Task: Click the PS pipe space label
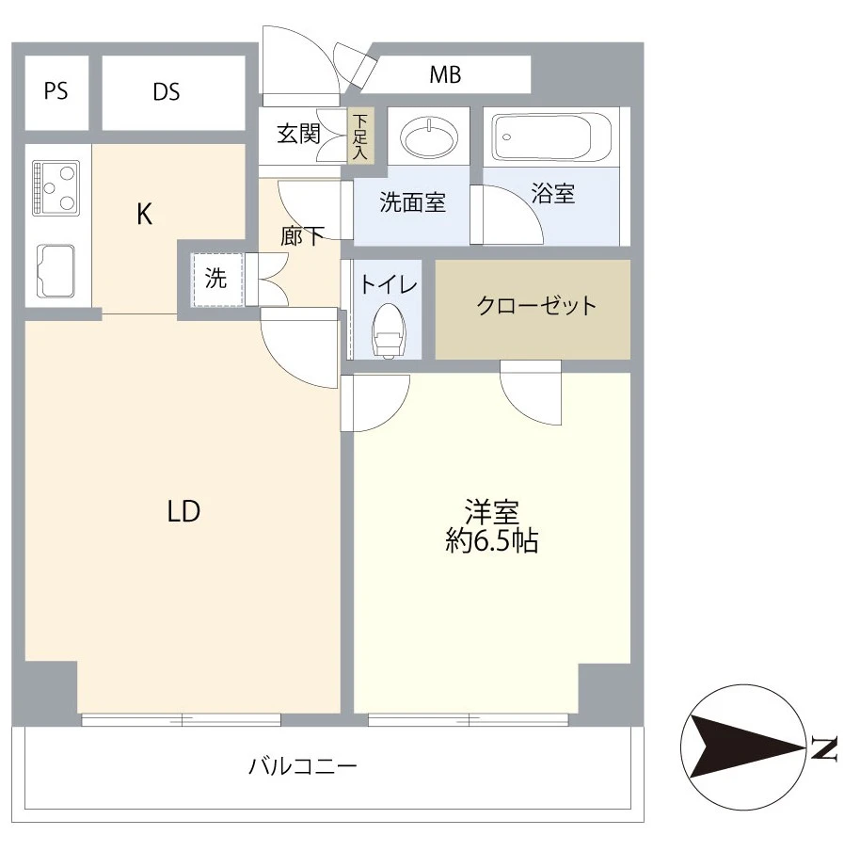click(x=56, y=92)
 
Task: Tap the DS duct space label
click(x=167, y=92)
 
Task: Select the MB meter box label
click(x=445, y=75)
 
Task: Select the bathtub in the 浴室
click(x=552, y=138)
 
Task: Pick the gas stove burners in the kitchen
click(x=56, y=187)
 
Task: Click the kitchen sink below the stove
click(x=56, y=270)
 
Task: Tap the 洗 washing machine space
click(x=216, y=279)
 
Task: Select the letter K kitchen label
click(x=144, y=216)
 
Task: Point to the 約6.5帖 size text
click(x=492, y=542)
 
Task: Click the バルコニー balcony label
click(x=303, y=766)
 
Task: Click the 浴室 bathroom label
click(x=553, y=194)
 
